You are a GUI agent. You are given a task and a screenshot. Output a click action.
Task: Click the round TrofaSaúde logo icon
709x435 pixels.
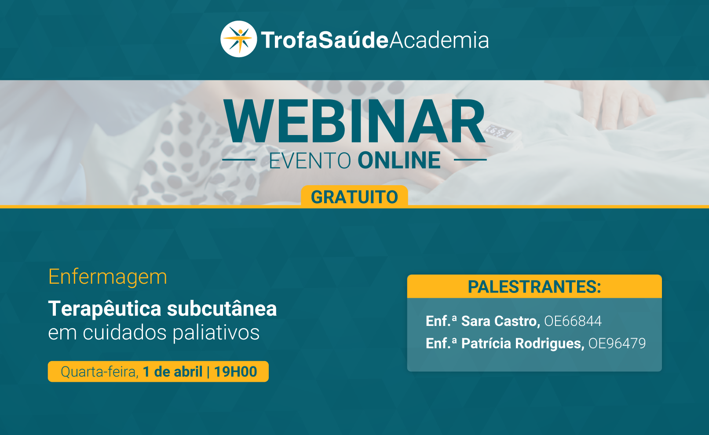(239, 39)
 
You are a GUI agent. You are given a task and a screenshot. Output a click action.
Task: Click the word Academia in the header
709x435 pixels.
(439, 40)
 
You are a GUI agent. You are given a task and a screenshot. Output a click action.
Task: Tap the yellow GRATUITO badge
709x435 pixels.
(354, 196)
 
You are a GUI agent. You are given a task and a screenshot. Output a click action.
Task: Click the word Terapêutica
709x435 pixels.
(105, 309)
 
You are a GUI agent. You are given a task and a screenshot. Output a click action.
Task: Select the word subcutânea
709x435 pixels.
(222, 309)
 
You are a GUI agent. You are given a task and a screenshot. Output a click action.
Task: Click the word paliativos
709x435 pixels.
(216, 333)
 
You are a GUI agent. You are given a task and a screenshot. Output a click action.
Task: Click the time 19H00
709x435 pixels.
(235, 371)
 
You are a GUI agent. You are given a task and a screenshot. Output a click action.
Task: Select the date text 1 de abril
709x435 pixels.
(172, 371)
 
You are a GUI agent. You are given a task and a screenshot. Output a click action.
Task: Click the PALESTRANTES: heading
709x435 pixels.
(534, 286)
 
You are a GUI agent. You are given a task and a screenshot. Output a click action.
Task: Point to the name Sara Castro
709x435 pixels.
(501, 321)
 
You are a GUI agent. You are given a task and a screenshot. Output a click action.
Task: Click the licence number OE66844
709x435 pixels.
(573, 321)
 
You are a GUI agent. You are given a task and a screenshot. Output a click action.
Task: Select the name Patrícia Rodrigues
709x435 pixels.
(523, 344)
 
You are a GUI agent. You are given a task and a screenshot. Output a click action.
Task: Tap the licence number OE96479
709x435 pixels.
(617, 344)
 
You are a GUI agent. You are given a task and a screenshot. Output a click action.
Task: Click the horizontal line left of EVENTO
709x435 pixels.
(239, 160)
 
